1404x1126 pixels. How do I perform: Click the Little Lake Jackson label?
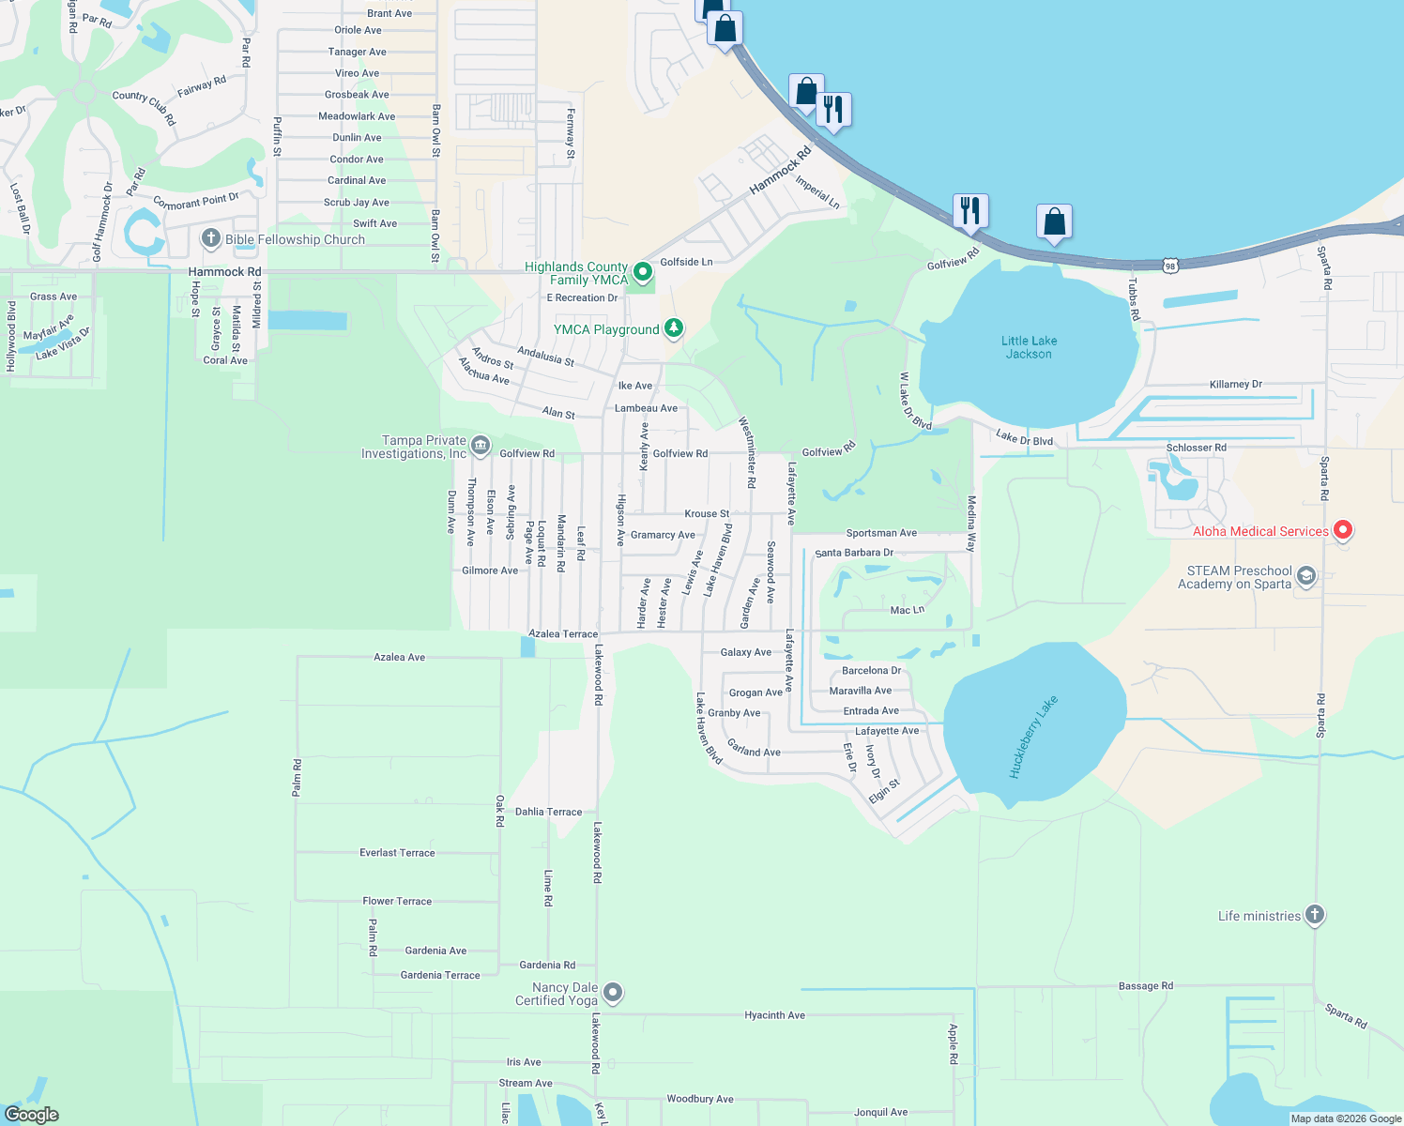[x=1029, y=347]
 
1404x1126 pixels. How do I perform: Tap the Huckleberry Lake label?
[x=1033, y=737]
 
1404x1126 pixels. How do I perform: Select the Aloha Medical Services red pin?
[x=1343, y=530]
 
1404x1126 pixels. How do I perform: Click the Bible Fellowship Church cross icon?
[x=211, y=238]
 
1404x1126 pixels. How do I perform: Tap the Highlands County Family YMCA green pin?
[x=643, y=272]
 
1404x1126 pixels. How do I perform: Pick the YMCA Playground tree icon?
[x=673, y=328]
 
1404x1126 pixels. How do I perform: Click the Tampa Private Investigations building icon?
[x=481, y=446]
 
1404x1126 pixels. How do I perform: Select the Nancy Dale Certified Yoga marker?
[x=613, y=992]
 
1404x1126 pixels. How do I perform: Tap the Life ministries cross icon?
[x=1315, y=915]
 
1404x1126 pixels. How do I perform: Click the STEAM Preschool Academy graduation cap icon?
[x=1306, y=576]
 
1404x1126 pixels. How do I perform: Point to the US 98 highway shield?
[x=1169, y=266]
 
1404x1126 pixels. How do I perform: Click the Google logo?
[x=32, y=1115]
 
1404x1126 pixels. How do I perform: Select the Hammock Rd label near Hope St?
[x=224, y=272]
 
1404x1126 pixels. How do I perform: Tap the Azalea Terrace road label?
[x=563, y=634]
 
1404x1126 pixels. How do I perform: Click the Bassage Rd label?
[x=1145, y=986]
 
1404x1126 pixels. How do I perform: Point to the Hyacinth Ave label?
[x=774, y=1015]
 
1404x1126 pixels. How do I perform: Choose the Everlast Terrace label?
[x=397, y=853]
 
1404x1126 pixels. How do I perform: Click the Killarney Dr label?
[x=1235, y=385]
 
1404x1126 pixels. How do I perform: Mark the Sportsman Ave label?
[x=881, y=533]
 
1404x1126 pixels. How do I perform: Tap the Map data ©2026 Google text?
[x=1346, y=1118]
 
